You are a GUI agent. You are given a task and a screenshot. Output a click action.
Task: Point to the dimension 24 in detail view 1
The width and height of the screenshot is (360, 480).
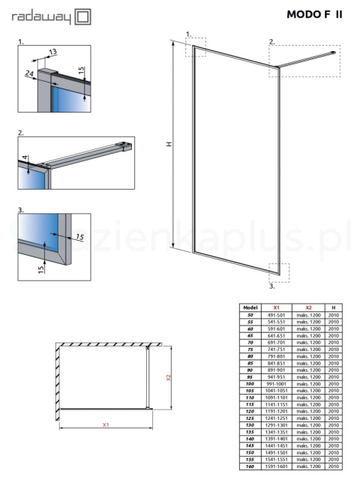pos(29,73)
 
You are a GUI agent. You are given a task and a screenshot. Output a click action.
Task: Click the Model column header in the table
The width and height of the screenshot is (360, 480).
pos(250,307)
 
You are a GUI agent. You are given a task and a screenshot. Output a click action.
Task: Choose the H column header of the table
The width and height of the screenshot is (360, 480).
pos(333,307)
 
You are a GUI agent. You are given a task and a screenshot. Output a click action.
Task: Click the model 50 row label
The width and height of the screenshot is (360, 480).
pos(250,315)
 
